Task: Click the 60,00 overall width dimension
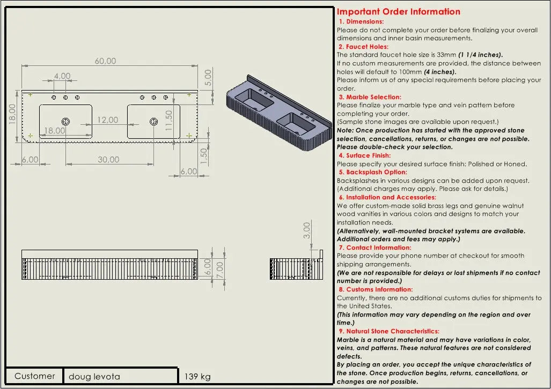click(105, 61)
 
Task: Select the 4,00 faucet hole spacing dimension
click(62, 76)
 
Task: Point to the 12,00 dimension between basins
click(107, 120)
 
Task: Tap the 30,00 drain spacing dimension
click(108, 160)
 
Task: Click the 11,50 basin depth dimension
click(168, 121)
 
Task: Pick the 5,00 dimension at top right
click(208, 78)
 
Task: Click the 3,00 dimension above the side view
click(307, 230)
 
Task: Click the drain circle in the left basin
click(65, 122)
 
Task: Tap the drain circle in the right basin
click(154, 122)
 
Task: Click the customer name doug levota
click(94, 377)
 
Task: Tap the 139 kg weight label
click(197, 377)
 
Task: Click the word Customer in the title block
click(34, 376)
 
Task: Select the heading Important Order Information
click(398, 12)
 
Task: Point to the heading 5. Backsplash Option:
click(373, 172)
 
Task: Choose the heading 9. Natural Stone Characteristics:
click(389, 331)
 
